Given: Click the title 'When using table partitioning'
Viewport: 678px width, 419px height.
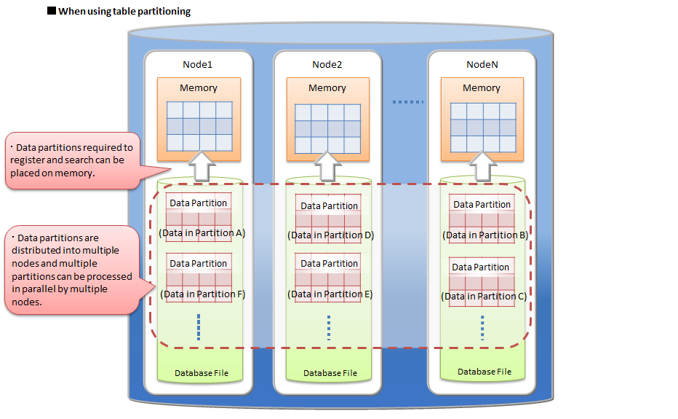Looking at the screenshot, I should [124, 11].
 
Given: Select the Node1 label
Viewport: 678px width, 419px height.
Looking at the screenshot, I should [197, 64].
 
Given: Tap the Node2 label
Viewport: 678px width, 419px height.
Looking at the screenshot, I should [327, 64].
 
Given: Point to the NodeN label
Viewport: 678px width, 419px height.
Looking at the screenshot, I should [482, 64].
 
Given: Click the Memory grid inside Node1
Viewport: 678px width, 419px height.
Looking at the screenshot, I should [199, 126].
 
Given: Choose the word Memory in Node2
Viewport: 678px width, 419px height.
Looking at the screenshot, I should [327, 87].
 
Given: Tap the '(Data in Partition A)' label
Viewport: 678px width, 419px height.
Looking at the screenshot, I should [202, 233].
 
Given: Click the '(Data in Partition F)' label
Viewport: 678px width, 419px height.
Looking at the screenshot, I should [202, 294].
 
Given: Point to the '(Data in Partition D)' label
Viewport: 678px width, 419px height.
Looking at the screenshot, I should [330, 235].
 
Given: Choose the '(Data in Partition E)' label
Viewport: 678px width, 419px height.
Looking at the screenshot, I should [330, 294].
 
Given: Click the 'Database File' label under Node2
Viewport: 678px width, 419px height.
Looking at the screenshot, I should [330, 373].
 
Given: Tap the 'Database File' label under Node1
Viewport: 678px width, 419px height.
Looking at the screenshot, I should [202, 373].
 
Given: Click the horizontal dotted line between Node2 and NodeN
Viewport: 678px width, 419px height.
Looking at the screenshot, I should [407, 102].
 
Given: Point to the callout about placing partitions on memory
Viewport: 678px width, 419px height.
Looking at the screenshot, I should [71, 160].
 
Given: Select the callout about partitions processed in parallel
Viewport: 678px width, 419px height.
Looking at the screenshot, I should [72, 269].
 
